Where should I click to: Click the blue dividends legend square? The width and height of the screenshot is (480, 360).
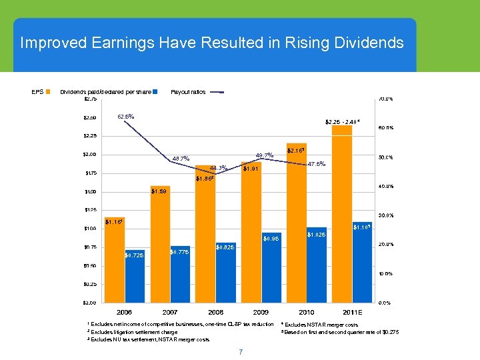pos(155,92)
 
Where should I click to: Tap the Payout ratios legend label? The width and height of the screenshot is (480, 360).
pos(188,92)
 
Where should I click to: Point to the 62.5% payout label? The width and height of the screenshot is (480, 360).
pos(126,117)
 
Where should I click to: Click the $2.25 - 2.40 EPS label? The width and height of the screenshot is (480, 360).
pos(343,121)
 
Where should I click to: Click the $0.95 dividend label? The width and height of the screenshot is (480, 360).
pos(271,239)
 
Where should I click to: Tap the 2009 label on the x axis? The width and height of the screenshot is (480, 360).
pos(261,312)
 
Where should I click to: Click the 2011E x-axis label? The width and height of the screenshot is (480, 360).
pos(351,312)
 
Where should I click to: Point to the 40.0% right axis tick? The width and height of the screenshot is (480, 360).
pos(385,186)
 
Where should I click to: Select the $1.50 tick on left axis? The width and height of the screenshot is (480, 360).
pos(89,192)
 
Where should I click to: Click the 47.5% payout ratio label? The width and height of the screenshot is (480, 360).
pos(313,164)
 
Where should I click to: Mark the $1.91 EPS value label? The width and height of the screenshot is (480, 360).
pos(251,169)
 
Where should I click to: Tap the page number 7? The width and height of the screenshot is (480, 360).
pos(240,351)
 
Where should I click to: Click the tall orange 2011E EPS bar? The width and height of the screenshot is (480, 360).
pos(342,213)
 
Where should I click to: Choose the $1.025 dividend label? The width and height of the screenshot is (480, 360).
pos(316,235)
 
